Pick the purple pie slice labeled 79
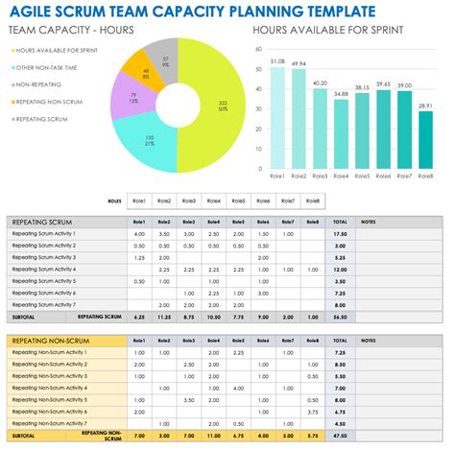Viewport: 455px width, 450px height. (x=132, y=97)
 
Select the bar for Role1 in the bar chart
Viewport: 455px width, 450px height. (x=277, y=120)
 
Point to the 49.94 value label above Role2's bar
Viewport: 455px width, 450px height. (x=299, y=63)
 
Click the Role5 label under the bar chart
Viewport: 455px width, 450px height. (x=363, y=177)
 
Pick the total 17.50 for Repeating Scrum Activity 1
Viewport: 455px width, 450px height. (x=340, y=233)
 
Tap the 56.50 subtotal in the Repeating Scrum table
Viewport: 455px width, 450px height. (x=340, y=316)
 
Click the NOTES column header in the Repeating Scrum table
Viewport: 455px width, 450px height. (x=369, y=221)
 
